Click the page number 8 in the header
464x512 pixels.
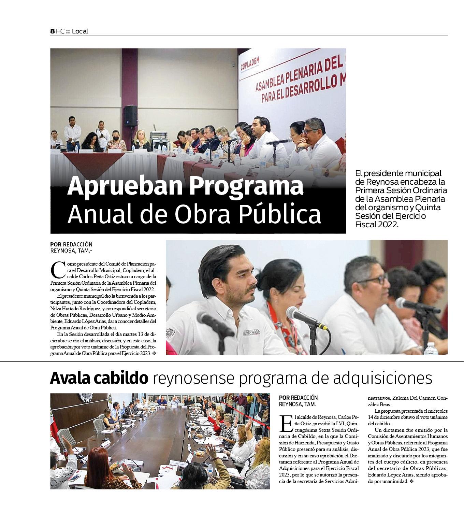(x=52, y=31)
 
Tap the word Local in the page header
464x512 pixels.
(x=80, y=31)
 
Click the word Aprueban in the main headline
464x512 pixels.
(x=124, y=186)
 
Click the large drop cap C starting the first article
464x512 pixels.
(x=57, y=270)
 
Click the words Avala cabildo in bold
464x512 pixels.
(x=99, y=378)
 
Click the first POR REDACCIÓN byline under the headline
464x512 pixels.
(x=71, y=244)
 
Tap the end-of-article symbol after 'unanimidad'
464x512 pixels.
(x=411, y=481)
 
